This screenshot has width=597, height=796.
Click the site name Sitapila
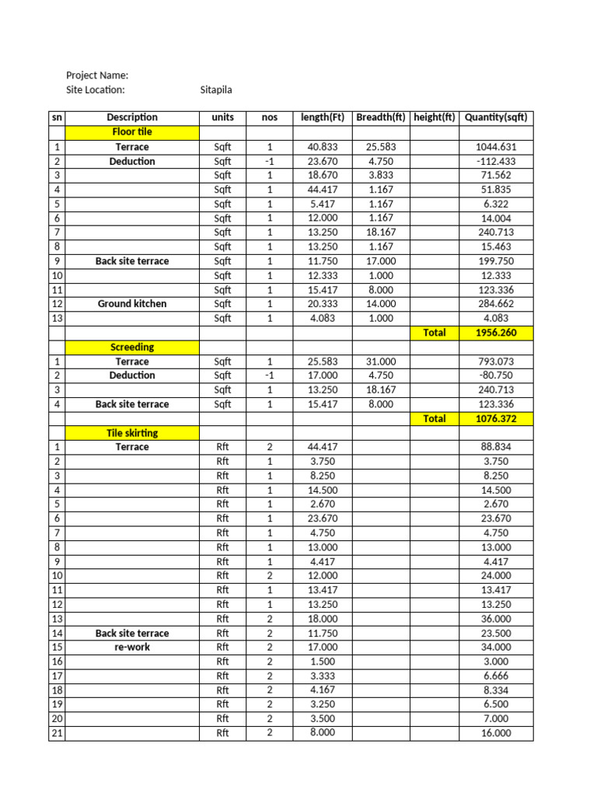[216, 90]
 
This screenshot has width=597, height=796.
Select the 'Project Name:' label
[97, 75]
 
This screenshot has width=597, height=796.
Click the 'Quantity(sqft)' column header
[496, 117]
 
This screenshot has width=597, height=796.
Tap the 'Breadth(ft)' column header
[381, 117]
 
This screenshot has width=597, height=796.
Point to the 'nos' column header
[269, 117]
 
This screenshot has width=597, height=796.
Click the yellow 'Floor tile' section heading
[132, 132]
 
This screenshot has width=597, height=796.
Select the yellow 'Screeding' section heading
[132, 347]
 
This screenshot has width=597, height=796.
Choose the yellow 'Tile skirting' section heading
[132, 432]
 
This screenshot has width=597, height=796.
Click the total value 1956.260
[496, 333]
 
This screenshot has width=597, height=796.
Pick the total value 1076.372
[496, 418]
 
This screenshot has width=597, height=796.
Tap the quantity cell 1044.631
[496, 147]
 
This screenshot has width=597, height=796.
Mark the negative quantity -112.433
[496, 161]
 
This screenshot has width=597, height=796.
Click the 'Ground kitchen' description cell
[132, 304]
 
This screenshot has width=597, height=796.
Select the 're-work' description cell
[132, 647]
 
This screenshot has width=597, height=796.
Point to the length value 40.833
[323, 147]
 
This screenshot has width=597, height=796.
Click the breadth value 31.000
[381, 361]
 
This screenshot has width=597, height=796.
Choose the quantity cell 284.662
[496, 304]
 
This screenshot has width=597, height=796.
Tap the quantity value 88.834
[496, 447]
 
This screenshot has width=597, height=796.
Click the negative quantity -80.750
[496, 375]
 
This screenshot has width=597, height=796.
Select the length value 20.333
[323, 304]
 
